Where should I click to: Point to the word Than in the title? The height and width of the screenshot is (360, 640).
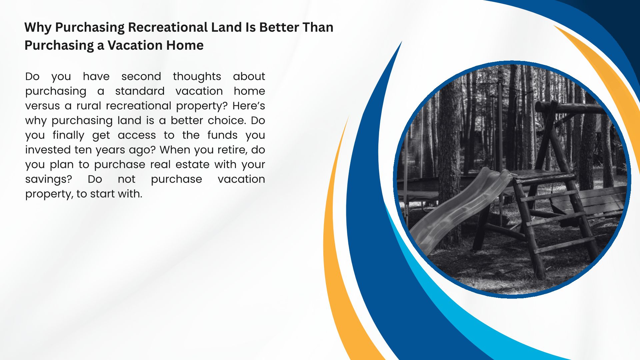[318, 27]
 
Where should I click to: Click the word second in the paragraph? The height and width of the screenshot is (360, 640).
[141, 76]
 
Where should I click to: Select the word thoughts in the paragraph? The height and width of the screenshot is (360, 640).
[197, 77]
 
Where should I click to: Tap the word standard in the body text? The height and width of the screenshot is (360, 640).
[140, 91]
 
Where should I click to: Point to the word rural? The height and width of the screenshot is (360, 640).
[89, 106]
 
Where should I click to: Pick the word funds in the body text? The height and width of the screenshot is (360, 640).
[222, 135]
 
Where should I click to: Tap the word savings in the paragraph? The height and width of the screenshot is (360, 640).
[48, 180]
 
